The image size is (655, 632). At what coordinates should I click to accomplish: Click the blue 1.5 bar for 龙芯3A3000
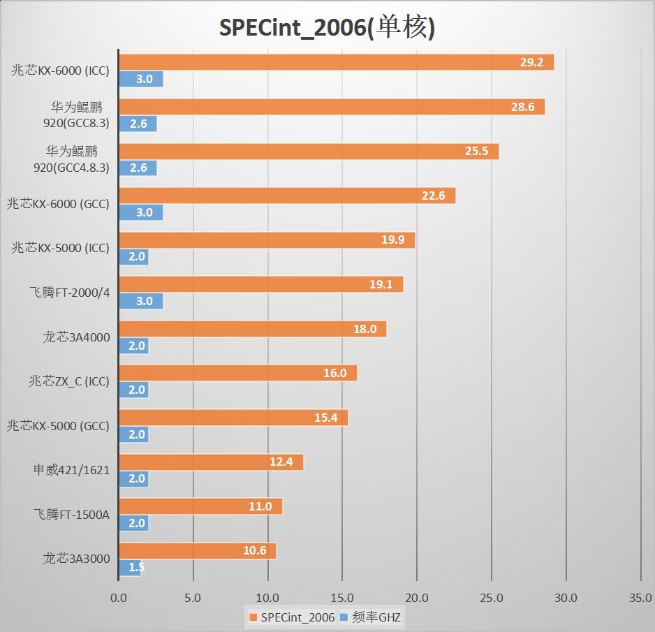[130, 568]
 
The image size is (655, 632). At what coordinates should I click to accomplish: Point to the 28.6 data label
[522, 107]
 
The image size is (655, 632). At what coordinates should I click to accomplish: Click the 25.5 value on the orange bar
[476, 152]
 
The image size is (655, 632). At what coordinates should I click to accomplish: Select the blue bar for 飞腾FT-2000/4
[140, 301]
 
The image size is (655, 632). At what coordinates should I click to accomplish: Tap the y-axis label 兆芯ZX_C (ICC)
[69, 381]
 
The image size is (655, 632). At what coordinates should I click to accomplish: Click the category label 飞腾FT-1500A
[72, 515]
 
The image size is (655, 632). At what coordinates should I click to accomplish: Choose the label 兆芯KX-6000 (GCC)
[58, 204]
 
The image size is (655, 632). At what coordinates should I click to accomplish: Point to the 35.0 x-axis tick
[640, 598]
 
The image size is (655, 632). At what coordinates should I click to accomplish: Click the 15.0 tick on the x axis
[342, 598]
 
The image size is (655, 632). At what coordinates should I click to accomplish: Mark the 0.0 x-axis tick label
[119, 598]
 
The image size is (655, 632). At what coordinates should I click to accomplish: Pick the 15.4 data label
[325, 418]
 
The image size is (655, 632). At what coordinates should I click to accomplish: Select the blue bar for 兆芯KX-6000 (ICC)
[140, 79]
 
